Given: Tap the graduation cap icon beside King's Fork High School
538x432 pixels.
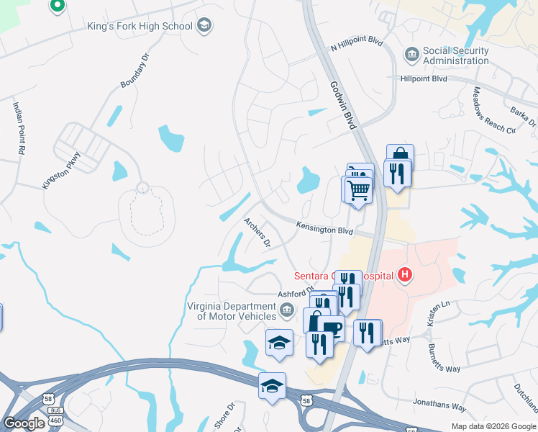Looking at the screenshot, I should tap(204, 27).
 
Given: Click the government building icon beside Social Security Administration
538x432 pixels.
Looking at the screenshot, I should tap(411, 54).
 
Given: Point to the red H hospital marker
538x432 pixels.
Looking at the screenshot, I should tap(406, 275).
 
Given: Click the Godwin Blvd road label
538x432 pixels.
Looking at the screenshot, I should tap(344, 105).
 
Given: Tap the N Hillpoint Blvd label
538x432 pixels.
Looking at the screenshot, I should tap(357, 46).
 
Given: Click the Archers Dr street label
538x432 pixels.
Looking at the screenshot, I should tap(257, 233).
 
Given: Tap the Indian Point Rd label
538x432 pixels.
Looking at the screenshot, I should tap(18, 129).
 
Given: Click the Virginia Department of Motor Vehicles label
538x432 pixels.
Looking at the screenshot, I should tap(232, 311).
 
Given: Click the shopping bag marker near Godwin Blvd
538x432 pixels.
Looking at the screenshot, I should tap(400, 156).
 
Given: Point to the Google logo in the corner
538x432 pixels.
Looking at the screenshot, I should tap(24, 423).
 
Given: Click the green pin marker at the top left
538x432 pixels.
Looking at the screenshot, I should tap(58, 6).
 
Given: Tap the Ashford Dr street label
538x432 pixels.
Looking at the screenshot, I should tap(296, 293).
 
